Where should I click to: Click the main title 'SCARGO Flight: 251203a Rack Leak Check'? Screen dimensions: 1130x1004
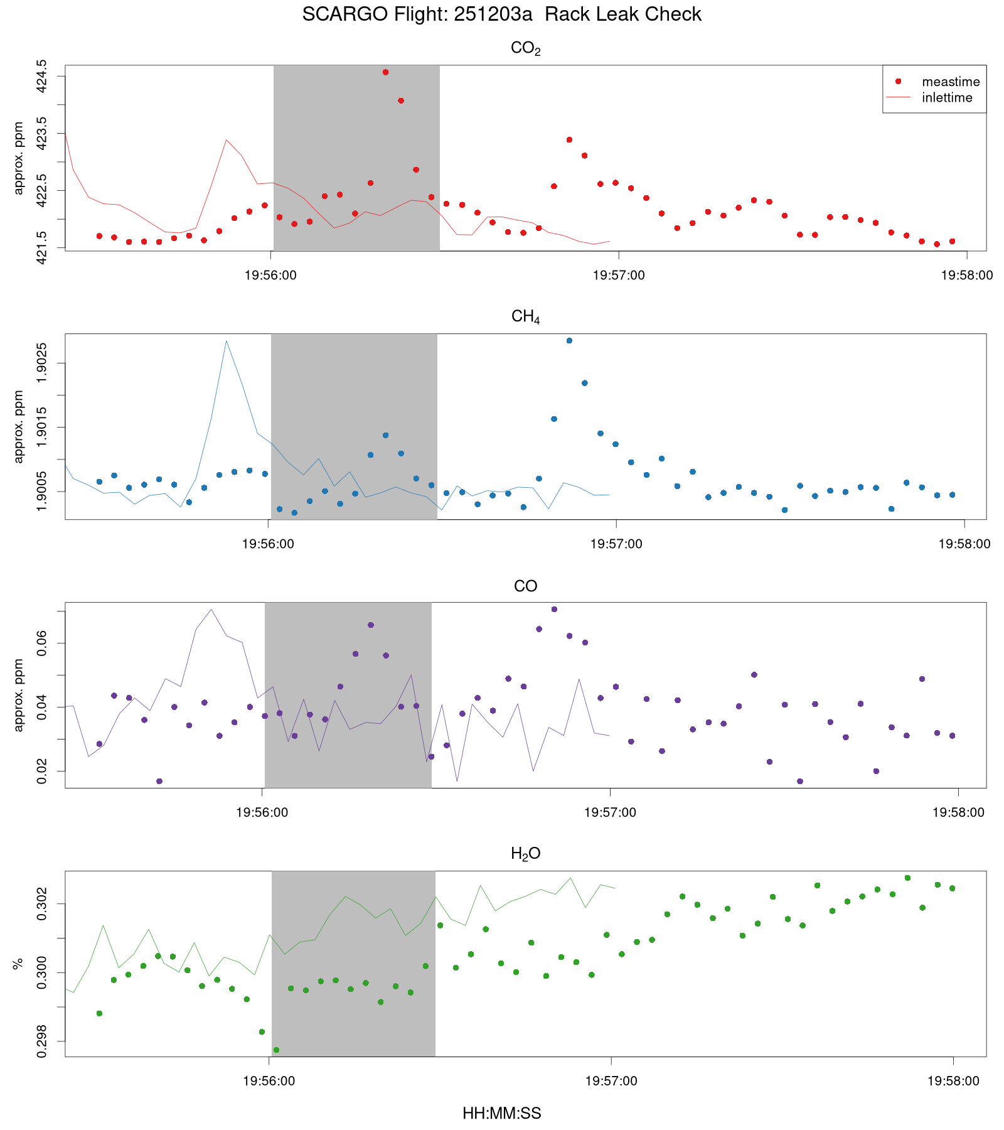pyautogui.click(x=501, y=14)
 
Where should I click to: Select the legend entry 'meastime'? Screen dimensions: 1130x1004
pyautogui.click(x=950, y=82)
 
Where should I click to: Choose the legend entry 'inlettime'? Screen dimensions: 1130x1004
pyautogui.click(x=946, y=98)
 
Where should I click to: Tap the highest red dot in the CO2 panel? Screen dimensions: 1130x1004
pyautogui.click(x=385, y=72)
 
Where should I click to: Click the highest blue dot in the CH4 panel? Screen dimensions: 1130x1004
pyautogui.click(x=569, y=341)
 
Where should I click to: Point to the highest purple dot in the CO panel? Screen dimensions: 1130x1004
pyautogui.click(x=554, y=609)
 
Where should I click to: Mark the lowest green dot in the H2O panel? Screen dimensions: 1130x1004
pyautogui.click(x=276, y=1050)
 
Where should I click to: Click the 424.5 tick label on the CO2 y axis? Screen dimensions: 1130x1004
pyautogui.click(x=41, y=77)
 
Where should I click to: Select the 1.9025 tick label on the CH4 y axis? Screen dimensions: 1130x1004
pyautogui.click(x=41, y=363)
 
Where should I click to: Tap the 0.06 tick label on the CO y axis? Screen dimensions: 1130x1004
pyautogui.click(x=41, y=643)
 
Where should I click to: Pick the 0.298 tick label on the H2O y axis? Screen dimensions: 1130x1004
pyautogui.click(x=41, y=1041)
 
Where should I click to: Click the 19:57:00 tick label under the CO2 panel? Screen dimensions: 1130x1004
pyautogui.click(x=618, y=276)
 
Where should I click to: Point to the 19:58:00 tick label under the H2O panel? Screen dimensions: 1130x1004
pyautogui.click(x=953, y=1081)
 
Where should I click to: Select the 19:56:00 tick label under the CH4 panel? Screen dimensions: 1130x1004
pyautogui.click(x=268, y=544)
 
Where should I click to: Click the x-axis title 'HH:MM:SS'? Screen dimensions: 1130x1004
pyautogui.click(x=501, y=1114)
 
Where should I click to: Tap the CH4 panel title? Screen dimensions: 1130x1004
pyautogui.click(x=525, y=317)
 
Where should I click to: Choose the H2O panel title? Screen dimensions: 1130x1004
pyautogui.click(x=525, y=854)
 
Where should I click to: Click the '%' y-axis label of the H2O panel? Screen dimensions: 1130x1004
pyautogui.click(x=18, y=964)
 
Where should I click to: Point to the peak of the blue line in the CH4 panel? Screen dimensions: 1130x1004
pyautogui.click(x=226, y=341)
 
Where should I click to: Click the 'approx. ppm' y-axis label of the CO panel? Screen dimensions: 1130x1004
pyautogui.click(x=18, y=695)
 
